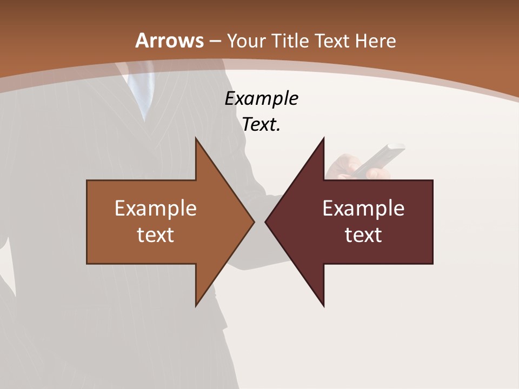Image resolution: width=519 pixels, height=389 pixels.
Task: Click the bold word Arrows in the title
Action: [170, 40]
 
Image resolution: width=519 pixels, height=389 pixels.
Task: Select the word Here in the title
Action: [375, 41]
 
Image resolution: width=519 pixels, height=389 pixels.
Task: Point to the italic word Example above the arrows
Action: [261, 99]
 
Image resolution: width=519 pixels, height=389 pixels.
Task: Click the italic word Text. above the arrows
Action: [261, 124]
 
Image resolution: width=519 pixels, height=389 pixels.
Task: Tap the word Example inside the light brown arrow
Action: [156, 208]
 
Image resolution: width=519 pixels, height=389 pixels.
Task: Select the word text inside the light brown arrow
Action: [156, 234]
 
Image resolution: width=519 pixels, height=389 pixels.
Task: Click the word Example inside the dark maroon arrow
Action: [363, 208]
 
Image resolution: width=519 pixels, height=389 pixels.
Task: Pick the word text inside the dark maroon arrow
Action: [363, 234]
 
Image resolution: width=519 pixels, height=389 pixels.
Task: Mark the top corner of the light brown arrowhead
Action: [196, 139]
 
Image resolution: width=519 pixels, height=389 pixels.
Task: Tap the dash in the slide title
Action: [215, 41]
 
